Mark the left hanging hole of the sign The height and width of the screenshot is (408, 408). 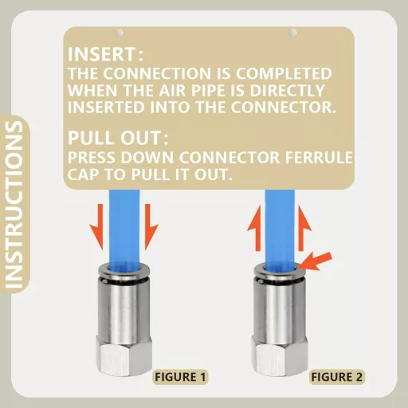click(x=120, y=33)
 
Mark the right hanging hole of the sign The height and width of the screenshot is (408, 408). click(x=293, y=33)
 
